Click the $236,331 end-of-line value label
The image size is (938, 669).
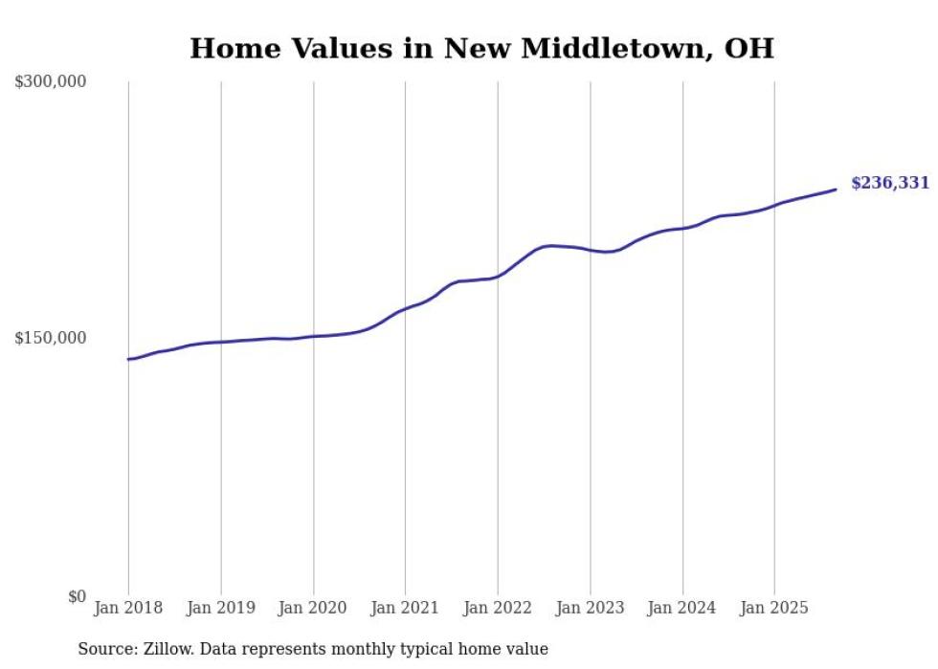click(x=889, y=183)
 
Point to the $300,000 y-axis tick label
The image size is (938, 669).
click(x=51, y=81)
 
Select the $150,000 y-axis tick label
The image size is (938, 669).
click(x=51, y=338)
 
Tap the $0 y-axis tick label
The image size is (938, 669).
click(x=77, y=596)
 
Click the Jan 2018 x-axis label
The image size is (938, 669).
click(x=128, y=608)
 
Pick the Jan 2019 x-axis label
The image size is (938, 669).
click(x=221, y=608)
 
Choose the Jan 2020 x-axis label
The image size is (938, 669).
click(x=313, y=608)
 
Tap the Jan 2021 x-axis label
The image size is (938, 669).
click(x=406, y=608)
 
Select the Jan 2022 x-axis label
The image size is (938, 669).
click(x=498, y=608)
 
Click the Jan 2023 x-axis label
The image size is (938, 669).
click(x=591, y=608)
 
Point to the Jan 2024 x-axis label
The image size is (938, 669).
click(x=682, y=608)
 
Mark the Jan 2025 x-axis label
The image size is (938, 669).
click(x=774, y=608)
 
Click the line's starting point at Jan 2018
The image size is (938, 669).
click(x=128, y=359)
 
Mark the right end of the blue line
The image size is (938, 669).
click(x=836, y=189)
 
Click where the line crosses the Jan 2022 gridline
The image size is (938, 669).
click(x=498, y=277)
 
